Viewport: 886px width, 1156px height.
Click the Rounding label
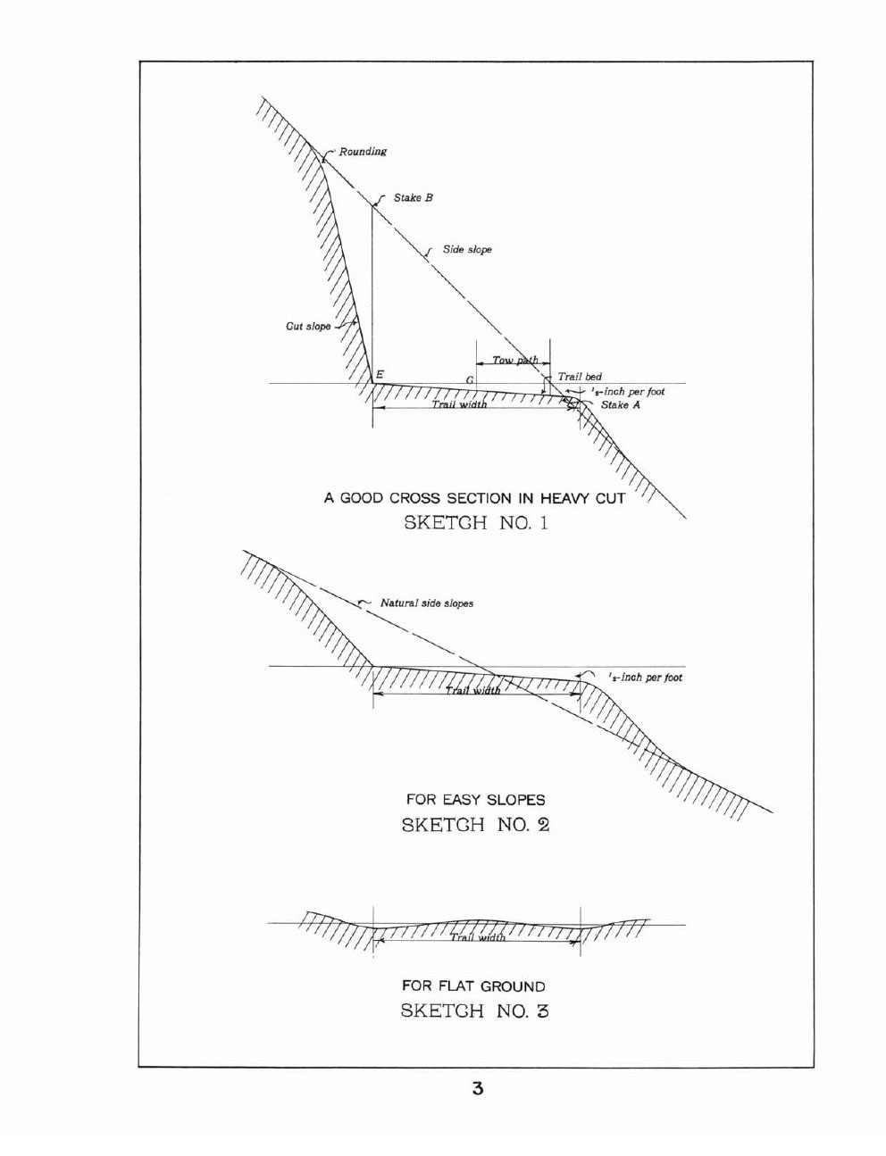click(363, 152)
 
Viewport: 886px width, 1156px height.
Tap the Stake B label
click(414, 198)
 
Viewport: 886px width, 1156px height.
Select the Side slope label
click(467, 250)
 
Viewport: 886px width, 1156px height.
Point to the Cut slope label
click(308, 326)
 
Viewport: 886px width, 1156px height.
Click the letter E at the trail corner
click(380, 375)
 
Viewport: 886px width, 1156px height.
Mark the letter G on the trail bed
click(470, 380)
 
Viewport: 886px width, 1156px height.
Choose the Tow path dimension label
click(515, 360)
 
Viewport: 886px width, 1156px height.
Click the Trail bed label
click(580, 377)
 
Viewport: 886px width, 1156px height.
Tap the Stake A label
click(621, 405)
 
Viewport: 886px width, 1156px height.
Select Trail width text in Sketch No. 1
click(459, 405)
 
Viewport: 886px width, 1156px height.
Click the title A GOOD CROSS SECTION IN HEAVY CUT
click(474, 498)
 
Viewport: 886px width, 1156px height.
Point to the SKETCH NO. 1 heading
click(476, 523)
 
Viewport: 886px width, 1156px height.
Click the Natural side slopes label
click(427, 603)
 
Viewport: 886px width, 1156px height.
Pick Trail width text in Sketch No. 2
click(472, 691)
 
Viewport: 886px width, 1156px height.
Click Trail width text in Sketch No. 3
click(478, 937)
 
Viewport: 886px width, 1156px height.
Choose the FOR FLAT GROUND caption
click(474, 986)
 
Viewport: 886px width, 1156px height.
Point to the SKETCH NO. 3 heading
click(474, 1010)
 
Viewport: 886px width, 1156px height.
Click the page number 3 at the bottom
click(478, 1089)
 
